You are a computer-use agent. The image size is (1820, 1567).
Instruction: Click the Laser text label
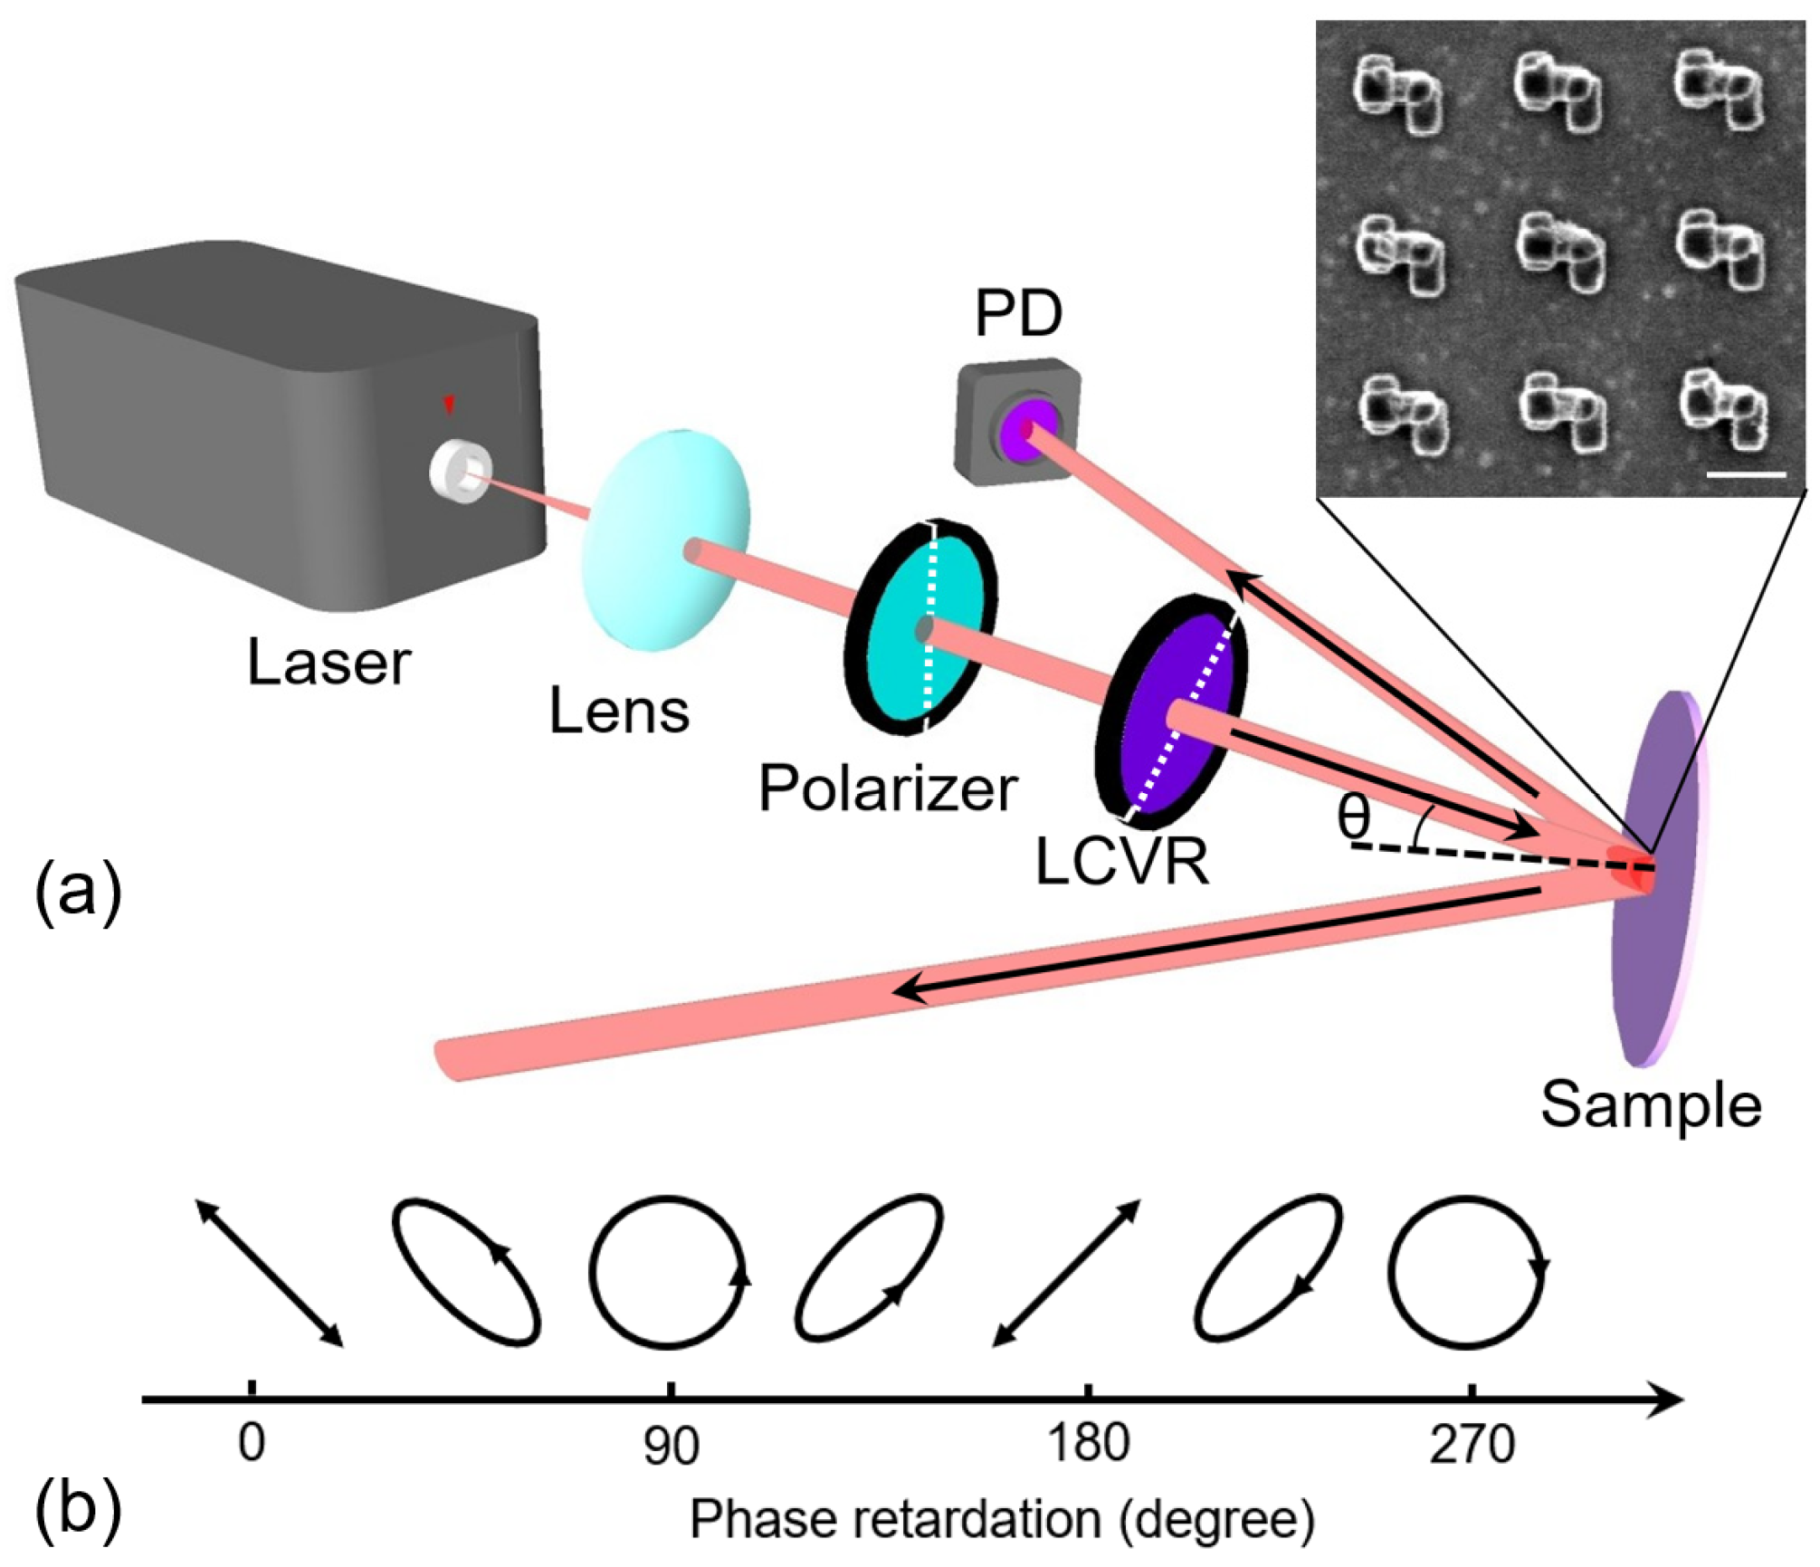(329, 664)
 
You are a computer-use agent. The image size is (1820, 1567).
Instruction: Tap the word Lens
(619, 712)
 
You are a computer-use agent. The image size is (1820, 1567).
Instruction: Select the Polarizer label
(888, 788)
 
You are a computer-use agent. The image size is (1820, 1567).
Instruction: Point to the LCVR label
(1121, 862)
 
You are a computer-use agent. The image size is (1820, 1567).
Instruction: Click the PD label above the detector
(1018, 314)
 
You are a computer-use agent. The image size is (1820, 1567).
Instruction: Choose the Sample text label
(1651, 1105)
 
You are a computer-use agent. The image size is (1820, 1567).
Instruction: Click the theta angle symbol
(1353, 817)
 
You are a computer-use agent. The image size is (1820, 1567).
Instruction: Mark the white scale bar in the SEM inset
(1746, 473)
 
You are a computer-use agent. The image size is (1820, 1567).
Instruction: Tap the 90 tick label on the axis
(671, 1447)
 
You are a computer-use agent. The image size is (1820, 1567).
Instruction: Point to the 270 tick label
(1472, 1445)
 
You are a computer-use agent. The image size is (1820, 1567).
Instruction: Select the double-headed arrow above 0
(269, 1273)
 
